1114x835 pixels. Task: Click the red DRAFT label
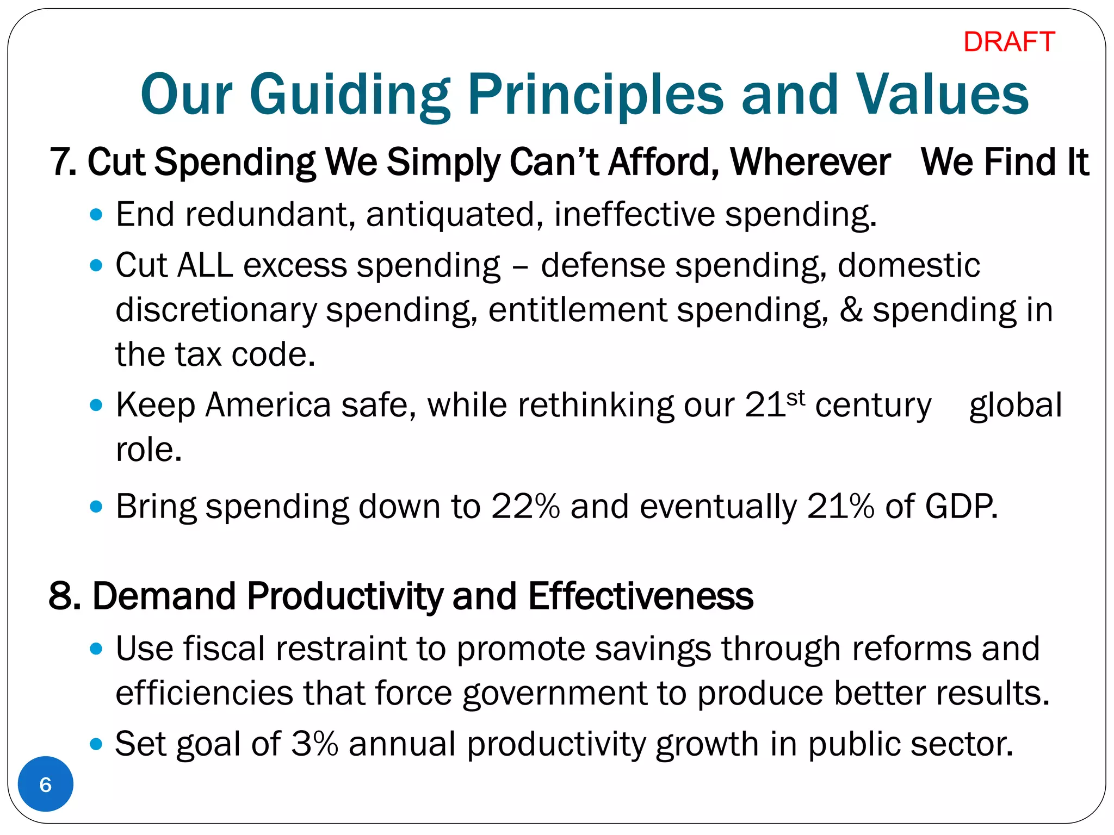pyautogui.click(x=1008, y=42)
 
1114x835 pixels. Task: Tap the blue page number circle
pyautogui.click(x=46, y=784)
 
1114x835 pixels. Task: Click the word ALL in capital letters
pyautogui.click(x=205, y=265)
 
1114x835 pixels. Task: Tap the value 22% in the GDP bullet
pyautogui.click(x=525, y=506)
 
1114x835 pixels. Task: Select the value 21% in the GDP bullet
pyautogui.click(x=840, y=506)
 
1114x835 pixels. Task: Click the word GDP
pyautogui.click(x=961, y=506)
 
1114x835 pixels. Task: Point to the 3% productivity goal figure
pyautogui.click(x=314, y=743)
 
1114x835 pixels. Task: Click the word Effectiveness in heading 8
pyautogui.click(x=640, y=596)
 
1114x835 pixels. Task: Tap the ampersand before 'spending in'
pyautogui.click(x=851, y=310)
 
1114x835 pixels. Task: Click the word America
pyautogui.click(x=268, y=405)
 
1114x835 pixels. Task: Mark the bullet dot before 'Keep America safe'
pyautogui.click(x=96, y=405)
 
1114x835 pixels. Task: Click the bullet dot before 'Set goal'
pyautogui.click(x=96, y=743)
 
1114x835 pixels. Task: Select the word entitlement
pyautogui.click(x=577, y=310)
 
